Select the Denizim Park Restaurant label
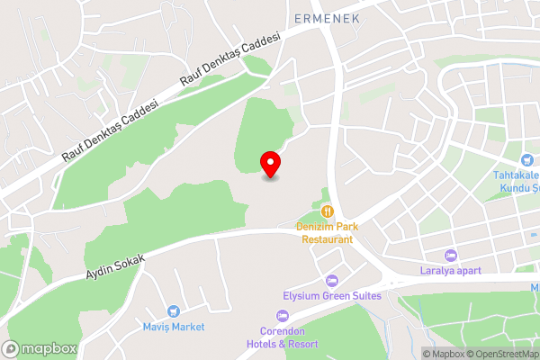[x=327, y=233]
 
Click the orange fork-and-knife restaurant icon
[x=328, y=211]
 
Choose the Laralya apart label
[x=450, y=270]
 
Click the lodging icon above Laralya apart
[x=452, y=254]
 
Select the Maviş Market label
[x=174, y=326]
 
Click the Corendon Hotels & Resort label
[x=283, y=337]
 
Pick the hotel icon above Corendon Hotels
[x=283, y=315]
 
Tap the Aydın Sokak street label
[x=115, y=263]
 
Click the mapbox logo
[x=39, y=348]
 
